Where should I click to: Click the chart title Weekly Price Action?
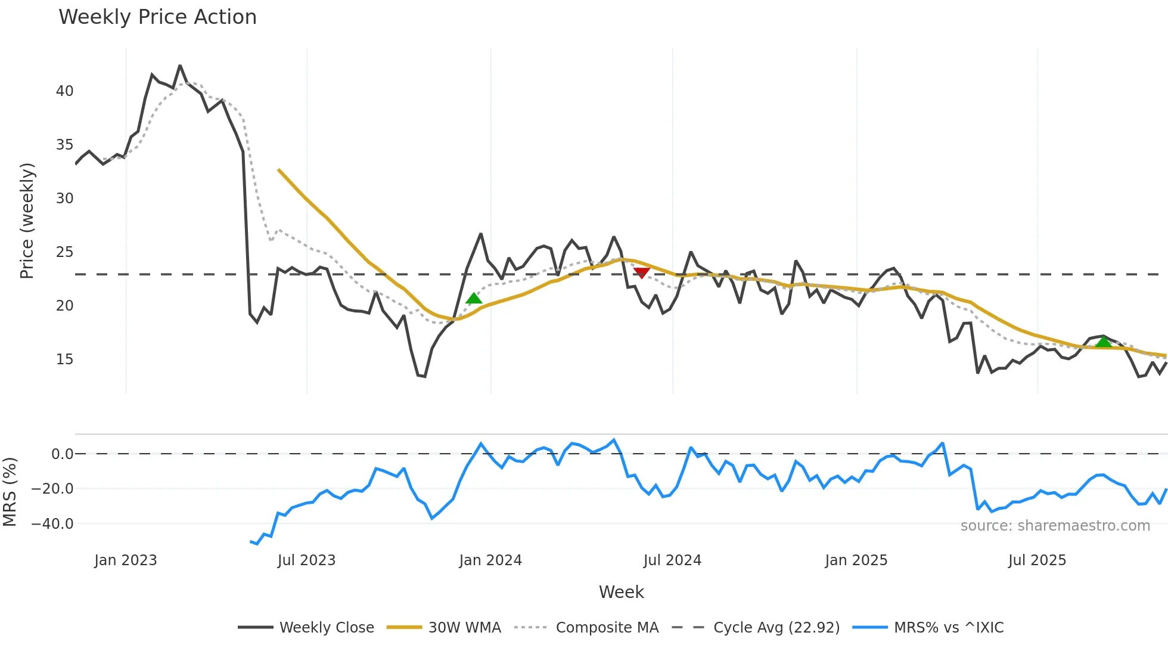pyautogui.click(x=157, y=17)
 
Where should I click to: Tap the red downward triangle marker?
pyautogui.click(x=641, y=273)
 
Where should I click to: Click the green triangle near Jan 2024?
pyautogui.click(x=474, y=298)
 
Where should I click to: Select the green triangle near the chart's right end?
pyautogui.click(x=1104, y=342)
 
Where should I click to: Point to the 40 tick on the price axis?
pyautogui.click(x=64, y=91)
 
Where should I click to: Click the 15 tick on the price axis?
pyautogui.click(x=64, y=360)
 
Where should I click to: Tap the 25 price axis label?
pyautogui.click(x=64, y=252)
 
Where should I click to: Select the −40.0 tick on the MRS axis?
pyautogui.click(x=52, y=524)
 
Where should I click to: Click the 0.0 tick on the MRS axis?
pyautogui.click(x=62, y=454)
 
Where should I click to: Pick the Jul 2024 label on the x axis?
pyautogui.click(x=672, y=560)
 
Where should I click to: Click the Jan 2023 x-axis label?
pyautogui.click(x=126, y=560)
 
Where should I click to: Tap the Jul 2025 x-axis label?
pyautogui.click(x=1037, y=560)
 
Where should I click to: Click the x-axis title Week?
pyautogui.click(x=621, y=592)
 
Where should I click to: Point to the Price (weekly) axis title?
pyautogui.click(x=27, y=221)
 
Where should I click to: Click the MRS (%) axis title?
pyautogui.click(x=10, y=492)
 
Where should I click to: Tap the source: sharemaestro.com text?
pyautogui.click(x=1055, y=526)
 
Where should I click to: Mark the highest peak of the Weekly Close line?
pyautogui.click(x=180, y=66)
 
